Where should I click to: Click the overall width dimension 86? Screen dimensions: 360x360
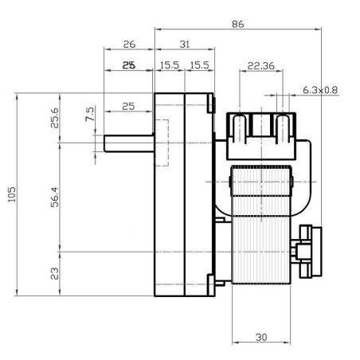(237, 25)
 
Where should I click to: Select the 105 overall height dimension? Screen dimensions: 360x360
(12, 195)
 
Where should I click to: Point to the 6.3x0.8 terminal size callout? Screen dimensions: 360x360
(319, 91)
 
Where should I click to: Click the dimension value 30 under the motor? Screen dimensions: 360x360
(261, 337)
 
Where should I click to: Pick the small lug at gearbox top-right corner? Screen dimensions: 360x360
(213, 104)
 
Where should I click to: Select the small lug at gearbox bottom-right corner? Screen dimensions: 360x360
(213, 280)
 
